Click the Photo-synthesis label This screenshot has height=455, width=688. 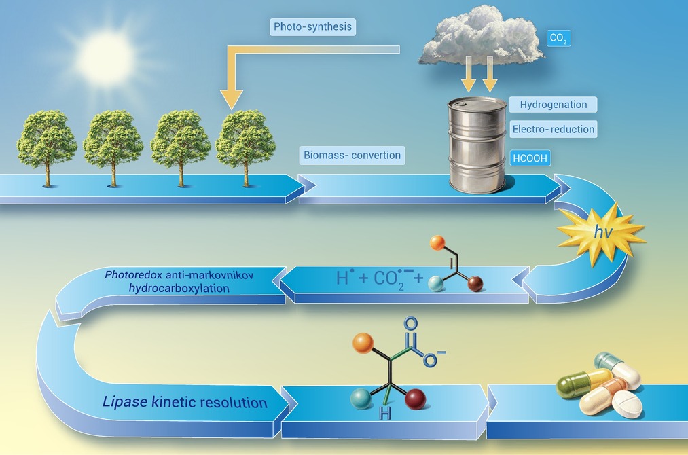click(312, 26)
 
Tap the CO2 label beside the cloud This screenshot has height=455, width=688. click(558, 38)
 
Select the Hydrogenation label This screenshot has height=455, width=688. click(553, 105)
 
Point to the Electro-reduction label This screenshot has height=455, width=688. click(553, 129)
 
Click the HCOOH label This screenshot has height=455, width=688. click(530, 158)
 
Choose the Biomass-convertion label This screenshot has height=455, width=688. click(352, 156)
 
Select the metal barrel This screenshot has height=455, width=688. click(477, 145)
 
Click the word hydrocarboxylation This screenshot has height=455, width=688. click(179, 288)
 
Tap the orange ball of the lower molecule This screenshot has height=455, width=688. click(363, 343)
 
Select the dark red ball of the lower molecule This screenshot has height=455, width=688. click(415, 399)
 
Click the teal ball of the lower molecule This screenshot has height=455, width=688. click(362, 399)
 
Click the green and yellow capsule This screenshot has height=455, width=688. click(584, 382)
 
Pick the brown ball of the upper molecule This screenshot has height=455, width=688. click(475, 284)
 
